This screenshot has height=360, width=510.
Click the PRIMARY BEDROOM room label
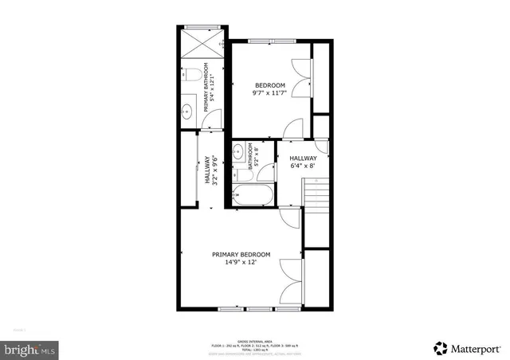pyautogui.click(x=241, y=255)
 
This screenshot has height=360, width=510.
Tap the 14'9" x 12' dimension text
pyautogui.click(x=241, y=264)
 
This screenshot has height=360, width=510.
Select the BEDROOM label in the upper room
pyautogui.click(x=269, y=85)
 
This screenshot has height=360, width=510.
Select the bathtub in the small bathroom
pyautogui.click(x=253, y=194)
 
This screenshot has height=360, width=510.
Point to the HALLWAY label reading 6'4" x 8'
pyautogui.click(x=303, y=162)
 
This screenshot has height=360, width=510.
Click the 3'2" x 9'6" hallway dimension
pyautogui.click(x=216, y=169)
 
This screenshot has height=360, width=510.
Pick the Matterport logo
pyautogui.click(x=469, y=347)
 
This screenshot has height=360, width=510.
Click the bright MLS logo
pyautogui.click(x=29, y=348)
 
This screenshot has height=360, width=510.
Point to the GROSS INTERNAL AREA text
pyautogui.click(x=255, y=340)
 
